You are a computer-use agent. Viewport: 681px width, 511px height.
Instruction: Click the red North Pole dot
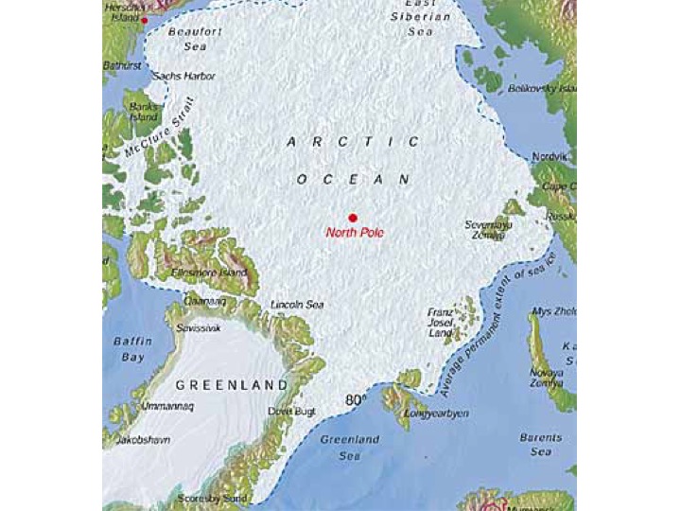pos(353,217)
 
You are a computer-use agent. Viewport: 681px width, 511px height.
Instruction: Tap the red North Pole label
pos(355,233)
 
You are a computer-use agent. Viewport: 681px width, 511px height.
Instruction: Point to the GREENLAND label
pos(231,386)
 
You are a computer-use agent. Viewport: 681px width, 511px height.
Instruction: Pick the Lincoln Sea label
pos(297,305)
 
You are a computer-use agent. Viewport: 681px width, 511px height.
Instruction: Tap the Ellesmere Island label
pos(209,273)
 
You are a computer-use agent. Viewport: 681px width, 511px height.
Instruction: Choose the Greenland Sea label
pos(349,448)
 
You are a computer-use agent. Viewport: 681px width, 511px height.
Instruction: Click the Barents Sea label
pos(540,445)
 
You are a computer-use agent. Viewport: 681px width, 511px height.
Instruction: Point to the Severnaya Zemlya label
pos(488,230)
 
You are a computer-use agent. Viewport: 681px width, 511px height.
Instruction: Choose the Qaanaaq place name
pos(205,301)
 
